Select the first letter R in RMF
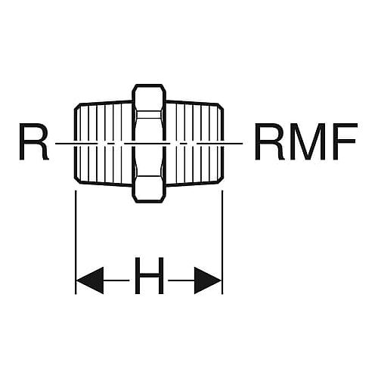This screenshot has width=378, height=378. point(270,141)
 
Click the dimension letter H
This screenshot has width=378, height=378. point(149,276)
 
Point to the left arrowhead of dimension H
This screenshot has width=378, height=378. point(89,280)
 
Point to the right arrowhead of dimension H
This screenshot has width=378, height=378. point(208,280)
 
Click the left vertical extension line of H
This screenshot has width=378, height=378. point(76,242)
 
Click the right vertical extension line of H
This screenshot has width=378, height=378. point(222,242)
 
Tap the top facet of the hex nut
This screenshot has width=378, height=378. point(149,98)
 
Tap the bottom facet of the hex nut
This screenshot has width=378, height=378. point(149,189)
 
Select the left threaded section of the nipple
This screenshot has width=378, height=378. point(104,143)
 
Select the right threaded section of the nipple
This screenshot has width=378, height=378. point(194,143)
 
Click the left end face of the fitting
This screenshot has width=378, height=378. point(75,143)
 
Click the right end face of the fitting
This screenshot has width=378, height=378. point(223,143)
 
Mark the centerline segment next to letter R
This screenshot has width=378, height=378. point(64,144)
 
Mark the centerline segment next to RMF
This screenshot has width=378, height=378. point(233,144)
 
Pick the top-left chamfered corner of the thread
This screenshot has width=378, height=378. point(77,106)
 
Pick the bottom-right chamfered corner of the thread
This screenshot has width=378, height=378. point(221,181)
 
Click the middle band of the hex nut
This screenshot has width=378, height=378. point(149,143)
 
